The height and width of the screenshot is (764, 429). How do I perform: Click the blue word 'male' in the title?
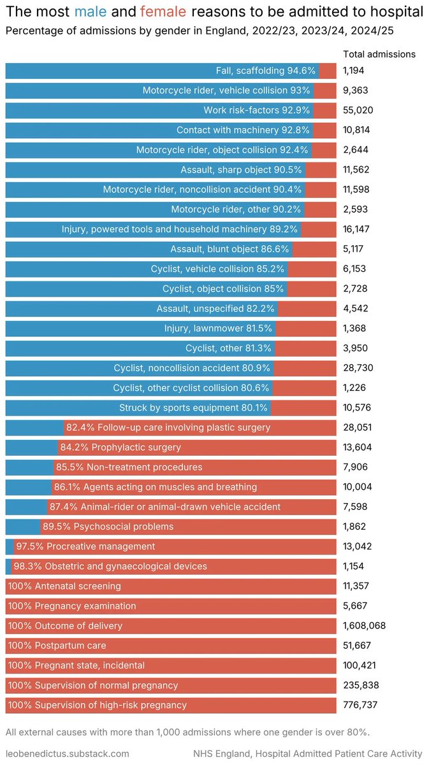point(91,11)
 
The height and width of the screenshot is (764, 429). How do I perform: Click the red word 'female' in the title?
point(163,11)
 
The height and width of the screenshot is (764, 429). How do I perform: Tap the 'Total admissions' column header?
point(379,54)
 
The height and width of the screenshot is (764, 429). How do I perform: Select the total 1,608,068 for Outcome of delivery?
point(364,626)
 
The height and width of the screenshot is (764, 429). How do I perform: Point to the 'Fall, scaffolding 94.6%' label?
point(266,71)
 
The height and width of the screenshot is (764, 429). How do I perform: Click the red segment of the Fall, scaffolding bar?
point(327,71)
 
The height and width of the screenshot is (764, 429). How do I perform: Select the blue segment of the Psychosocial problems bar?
point(22,527)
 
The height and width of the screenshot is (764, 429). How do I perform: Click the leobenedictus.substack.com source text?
point(67,753)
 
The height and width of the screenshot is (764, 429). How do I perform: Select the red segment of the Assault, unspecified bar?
point(307,309)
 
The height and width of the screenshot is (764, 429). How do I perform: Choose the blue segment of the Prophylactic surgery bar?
point(31,447)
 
